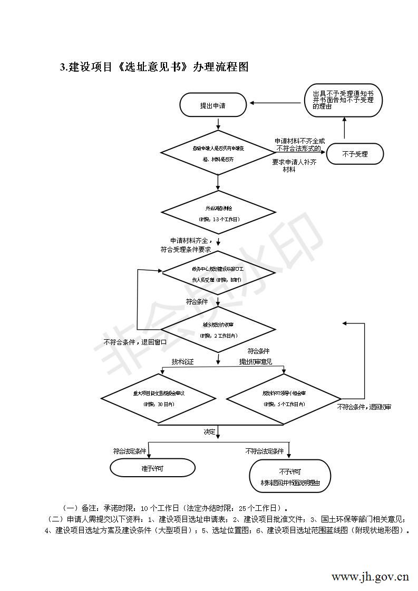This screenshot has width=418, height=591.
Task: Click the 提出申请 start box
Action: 213,105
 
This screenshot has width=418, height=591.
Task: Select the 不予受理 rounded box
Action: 355,154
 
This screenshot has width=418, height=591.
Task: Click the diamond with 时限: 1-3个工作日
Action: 218,213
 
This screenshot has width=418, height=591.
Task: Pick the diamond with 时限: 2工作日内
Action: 218,330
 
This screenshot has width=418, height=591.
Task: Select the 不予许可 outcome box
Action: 289,476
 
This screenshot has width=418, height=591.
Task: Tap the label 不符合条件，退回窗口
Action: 135,342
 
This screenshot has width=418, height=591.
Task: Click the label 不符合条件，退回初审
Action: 364,407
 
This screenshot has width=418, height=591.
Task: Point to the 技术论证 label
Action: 182,362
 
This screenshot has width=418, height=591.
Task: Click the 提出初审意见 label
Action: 256,362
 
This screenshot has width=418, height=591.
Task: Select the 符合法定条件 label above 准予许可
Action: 129,451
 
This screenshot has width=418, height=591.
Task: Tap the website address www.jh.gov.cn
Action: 370,576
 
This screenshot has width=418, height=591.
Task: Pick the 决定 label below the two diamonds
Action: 210,431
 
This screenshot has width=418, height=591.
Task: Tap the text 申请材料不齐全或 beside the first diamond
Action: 299,142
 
